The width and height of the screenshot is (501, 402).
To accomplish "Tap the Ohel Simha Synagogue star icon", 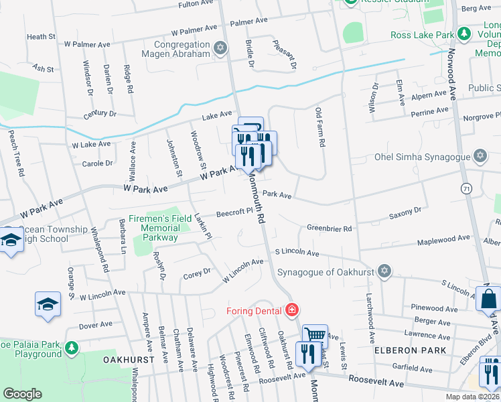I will click(480, 156).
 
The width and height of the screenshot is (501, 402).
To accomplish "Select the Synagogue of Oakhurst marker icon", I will click(383, 271).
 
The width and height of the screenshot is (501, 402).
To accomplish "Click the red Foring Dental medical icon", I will click(291, 310).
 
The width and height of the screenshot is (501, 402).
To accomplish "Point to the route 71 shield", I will click(465, 190).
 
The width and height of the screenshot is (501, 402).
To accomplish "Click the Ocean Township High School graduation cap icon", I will click(11, 240).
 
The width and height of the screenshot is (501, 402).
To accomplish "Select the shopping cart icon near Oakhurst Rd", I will click(315, 334).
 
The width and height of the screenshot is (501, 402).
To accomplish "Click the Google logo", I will click(22, 394).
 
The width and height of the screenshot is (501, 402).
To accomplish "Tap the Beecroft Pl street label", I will click(233, 213).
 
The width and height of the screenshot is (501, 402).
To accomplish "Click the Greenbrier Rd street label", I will click(329, 228).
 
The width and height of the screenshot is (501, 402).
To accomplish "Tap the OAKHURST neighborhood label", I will click(129, 360).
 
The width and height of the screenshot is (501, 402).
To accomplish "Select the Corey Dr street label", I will click(197, 273).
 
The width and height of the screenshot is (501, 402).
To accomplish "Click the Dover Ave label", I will click(95, 325).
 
